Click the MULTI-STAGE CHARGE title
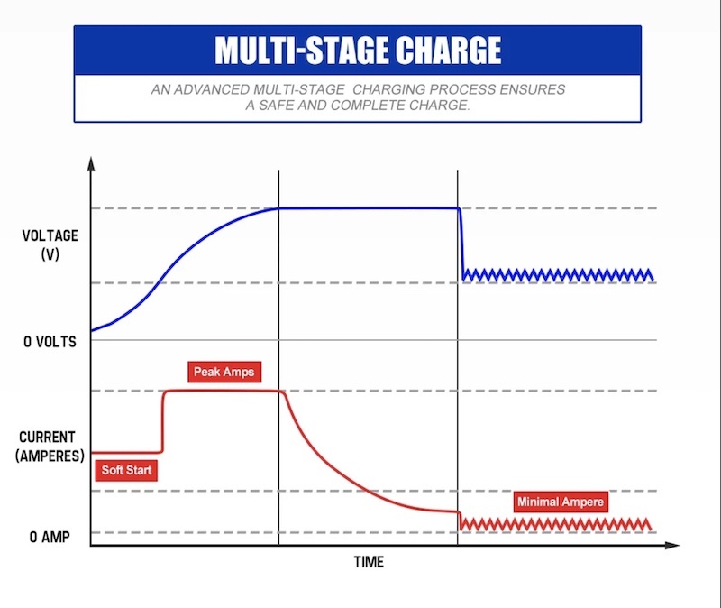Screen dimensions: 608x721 (x=357, y=50)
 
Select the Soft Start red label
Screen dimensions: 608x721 (x=126, y=470)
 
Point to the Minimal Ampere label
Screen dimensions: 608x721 (x=561, y=502)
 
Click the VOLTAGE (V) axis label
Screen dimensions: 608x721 (x=50, y=244)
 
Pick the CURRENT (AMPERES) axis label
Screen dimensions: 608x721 (x=50, y=445)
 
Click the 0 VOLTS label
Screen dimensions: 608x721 (x=49, y=342)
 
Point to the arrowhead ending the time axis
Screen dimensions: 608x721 (x=672, y=546)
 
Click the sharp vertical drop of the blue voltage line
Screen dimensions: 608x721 (x=461, y=242)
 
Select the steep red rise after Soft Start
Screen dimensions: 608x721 (x=163, y=420)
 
